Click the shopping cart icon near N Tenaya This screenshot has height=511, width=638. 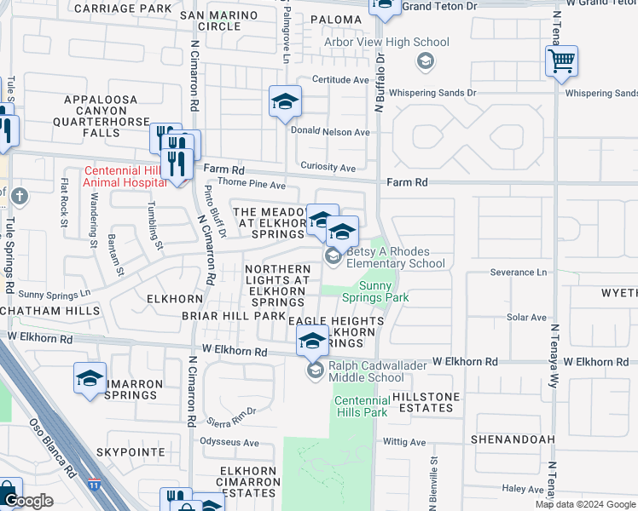point(562,61)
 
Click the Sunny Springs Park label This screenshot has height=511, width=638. point(375,291)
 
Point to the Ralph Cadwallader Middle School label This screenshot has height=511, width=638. point(367,371)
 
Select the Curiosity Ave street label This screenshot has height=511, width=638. point(328,168)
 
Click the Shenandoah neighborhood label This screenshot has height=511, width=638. point(513,439)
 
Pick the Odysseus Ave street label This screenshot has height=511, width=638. point(229,443)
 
